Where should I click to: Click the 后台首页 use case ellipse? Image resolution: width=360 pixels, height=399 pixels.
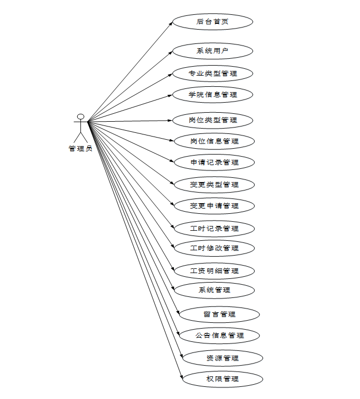click(x=213, y=22)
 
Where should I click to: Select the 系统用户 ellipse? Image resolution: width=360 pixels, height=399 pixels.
click(x=213, y=51)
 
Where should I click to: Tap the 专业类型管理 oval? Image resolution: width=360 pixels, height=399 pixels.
click(x=213, y=73)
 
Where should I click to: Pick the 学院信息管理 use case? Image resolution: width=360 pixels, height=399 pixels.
click(x=213, y=95)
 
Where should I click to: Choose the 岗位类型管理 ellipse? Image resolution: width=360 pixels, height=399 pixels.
click(x=213, y=120)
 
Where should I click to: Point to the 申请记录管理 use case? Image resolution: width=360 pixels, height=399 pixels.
click(x=214, y=162)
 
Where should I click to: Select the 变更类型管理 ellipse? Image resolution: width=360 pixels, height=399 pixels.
click(x=214, y=185)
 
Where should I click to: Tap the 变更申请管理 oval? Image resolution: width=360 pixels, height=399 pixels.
click(x=214, y=206)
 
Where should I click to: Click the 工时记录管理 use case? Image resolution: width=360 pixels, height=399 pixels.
click(x=214, y=229)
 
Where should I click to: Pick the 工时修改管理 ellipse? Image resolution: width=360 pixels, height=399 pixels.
click(x=214, y=248)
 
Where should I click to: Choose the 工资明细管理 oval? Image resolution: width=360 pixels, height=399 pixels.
click(x=214, y=271)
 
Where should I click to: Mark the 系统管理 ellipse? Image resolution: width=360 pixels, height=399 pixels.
click(x=214, y=290)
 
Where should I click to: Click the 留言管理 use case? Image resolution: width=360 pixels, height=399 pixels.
click(x=219, y=314)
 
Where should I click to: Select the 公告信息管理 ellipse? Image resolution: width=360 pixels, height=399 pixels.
click(x=219, y=335)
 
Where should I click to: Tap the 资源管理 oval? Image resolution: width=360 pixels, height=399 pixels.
click(x=222, y=358)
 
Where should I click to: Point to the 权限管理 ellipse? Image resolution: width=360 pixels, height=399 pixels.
click(x=222, y=379)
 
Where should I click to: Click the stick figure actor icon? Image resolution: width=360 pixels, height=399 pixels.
click(x=80, y=127)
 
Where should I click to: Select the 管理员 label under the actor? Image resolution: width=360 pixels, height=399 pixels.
click(x=80, y=149)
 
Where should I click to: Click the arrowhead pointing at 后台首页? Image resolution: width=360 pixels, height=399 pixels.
click(x=171, y=24)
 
